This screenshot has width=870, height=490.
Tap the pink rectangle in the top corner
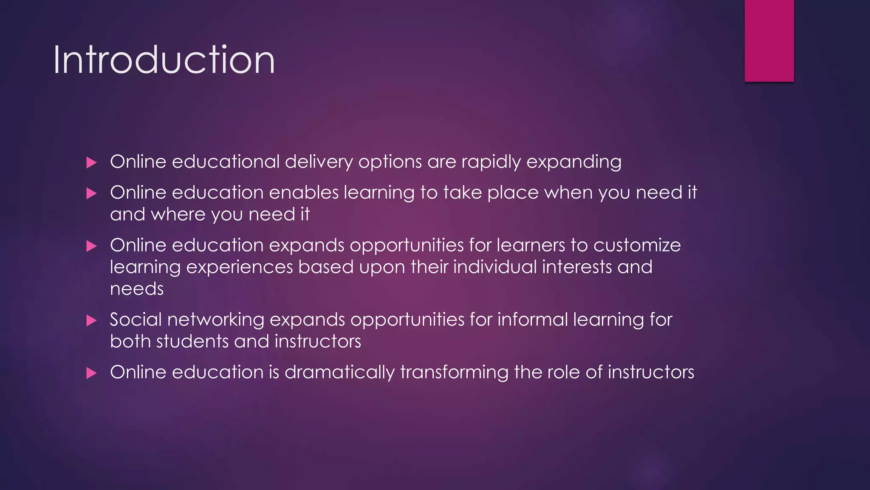pyautogui.click(x=769, y=40)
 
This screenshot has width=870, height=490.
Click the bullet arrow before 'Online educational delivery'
pyautogui.click(x=91, y=162)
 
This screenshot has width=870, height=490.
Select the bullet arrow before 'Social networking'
pyautogui.click(x=91, y=320)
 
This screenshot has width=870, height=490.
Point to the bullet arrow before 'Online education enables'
pyautogui.click(x=91, y=194)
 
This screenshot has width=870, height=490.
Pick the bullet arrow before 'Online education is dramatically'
pyautogui.click(x=91, y=373)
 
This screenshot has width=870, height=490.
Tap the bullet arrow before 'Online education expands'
pyautogui.click(x=91, y=246)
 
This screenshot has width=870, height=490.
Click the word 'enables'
pyautogui.click(x=304, y=193)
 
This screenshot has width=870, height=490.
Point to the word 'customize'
pyautogui.click(x=637, y=245)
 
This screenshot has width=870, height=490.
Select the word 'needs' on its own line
pyautogui.click(x=137, y=289)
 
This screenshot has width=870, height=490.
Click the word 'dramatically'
pyautogui.click(x=339, y=373)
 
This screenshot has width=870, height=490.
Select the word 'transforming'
pyautogui.click(x=454, y=373)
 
